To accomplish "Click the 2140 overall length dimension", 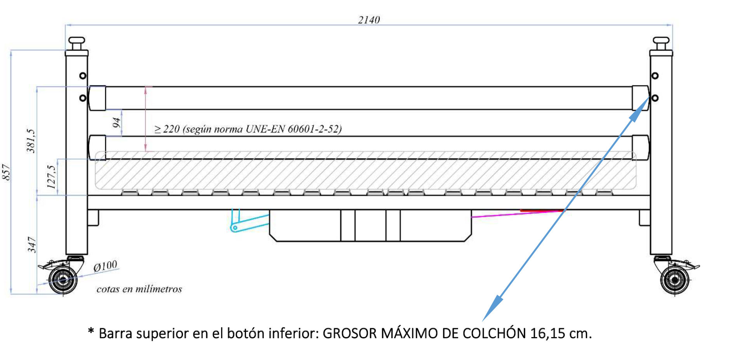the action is (369, 19).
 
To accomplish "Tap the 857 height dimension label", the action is (6, 172).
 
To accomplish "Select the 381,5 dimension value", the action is (31, 141).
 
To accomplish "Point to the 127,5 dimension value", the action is (51, 177).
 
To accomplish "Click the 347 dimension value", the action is (31, 245).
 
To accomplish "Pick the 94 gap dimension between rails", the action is (116, 122).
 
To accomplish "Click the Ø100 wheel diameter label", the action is (105, 266).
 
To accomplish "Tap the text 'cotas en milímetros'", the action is (139, 289).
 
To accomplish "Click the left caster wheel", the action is (63, 279).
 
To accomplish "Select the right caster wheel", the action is (675, 280).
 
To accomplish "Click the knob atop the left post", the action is (77, 43).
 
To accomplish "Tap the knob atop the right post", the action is (661, 43).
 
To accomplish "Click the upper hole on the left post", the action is (83, 75).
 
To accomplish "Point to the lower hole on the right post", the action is (655, 98).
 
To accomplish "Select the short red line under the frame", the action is (542, 211).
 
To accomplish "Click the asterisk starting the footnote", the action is (91, 331).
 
